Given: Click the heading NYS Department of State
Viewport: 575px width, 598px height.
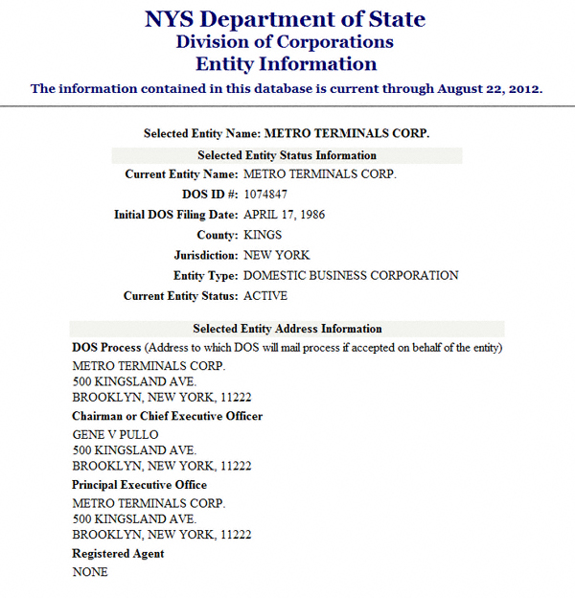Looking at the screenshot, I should point(286,19).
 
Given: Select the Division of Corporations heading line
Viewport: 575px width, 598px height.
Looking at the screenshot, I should point(285,42).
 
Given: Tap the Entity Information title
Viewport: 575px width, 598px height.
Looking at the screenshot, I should point(286,64).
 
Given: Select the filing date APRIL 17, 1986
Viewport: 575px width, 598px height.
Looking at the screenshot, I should point(285,215).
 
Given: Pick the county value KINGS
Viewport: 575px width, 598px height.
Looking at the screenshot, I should point(263,235).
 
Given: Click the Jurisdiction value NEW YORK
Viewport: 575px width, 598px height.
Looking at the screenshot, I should point(276,255).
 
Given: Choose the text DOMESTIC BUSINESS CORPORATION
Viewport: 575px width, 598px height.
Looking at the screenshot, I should point(351,275).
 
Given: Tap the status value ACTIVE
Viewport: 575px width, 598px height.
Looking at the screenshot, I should point(265,296).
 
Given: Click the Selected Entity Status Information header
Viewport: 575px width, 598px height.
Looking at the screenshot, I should point(287,155).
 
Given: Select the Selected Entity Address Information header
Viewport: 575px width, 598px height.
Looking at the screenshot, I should point(287,329).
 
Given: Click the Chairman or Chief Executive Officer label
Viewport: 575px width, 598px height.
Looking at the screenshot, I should point(167,416).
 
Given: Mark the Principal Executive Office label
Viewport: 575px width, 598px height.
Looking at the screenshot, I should point(139,485).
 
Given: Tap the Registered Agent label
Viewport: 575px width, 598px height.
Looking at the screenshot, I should point(118,554).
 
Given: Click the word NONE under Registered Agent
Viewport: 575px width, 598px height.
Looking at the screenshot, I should point(90,572).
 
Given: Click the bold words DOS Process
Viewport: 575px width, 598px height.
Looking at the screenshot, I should point(106,347).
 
